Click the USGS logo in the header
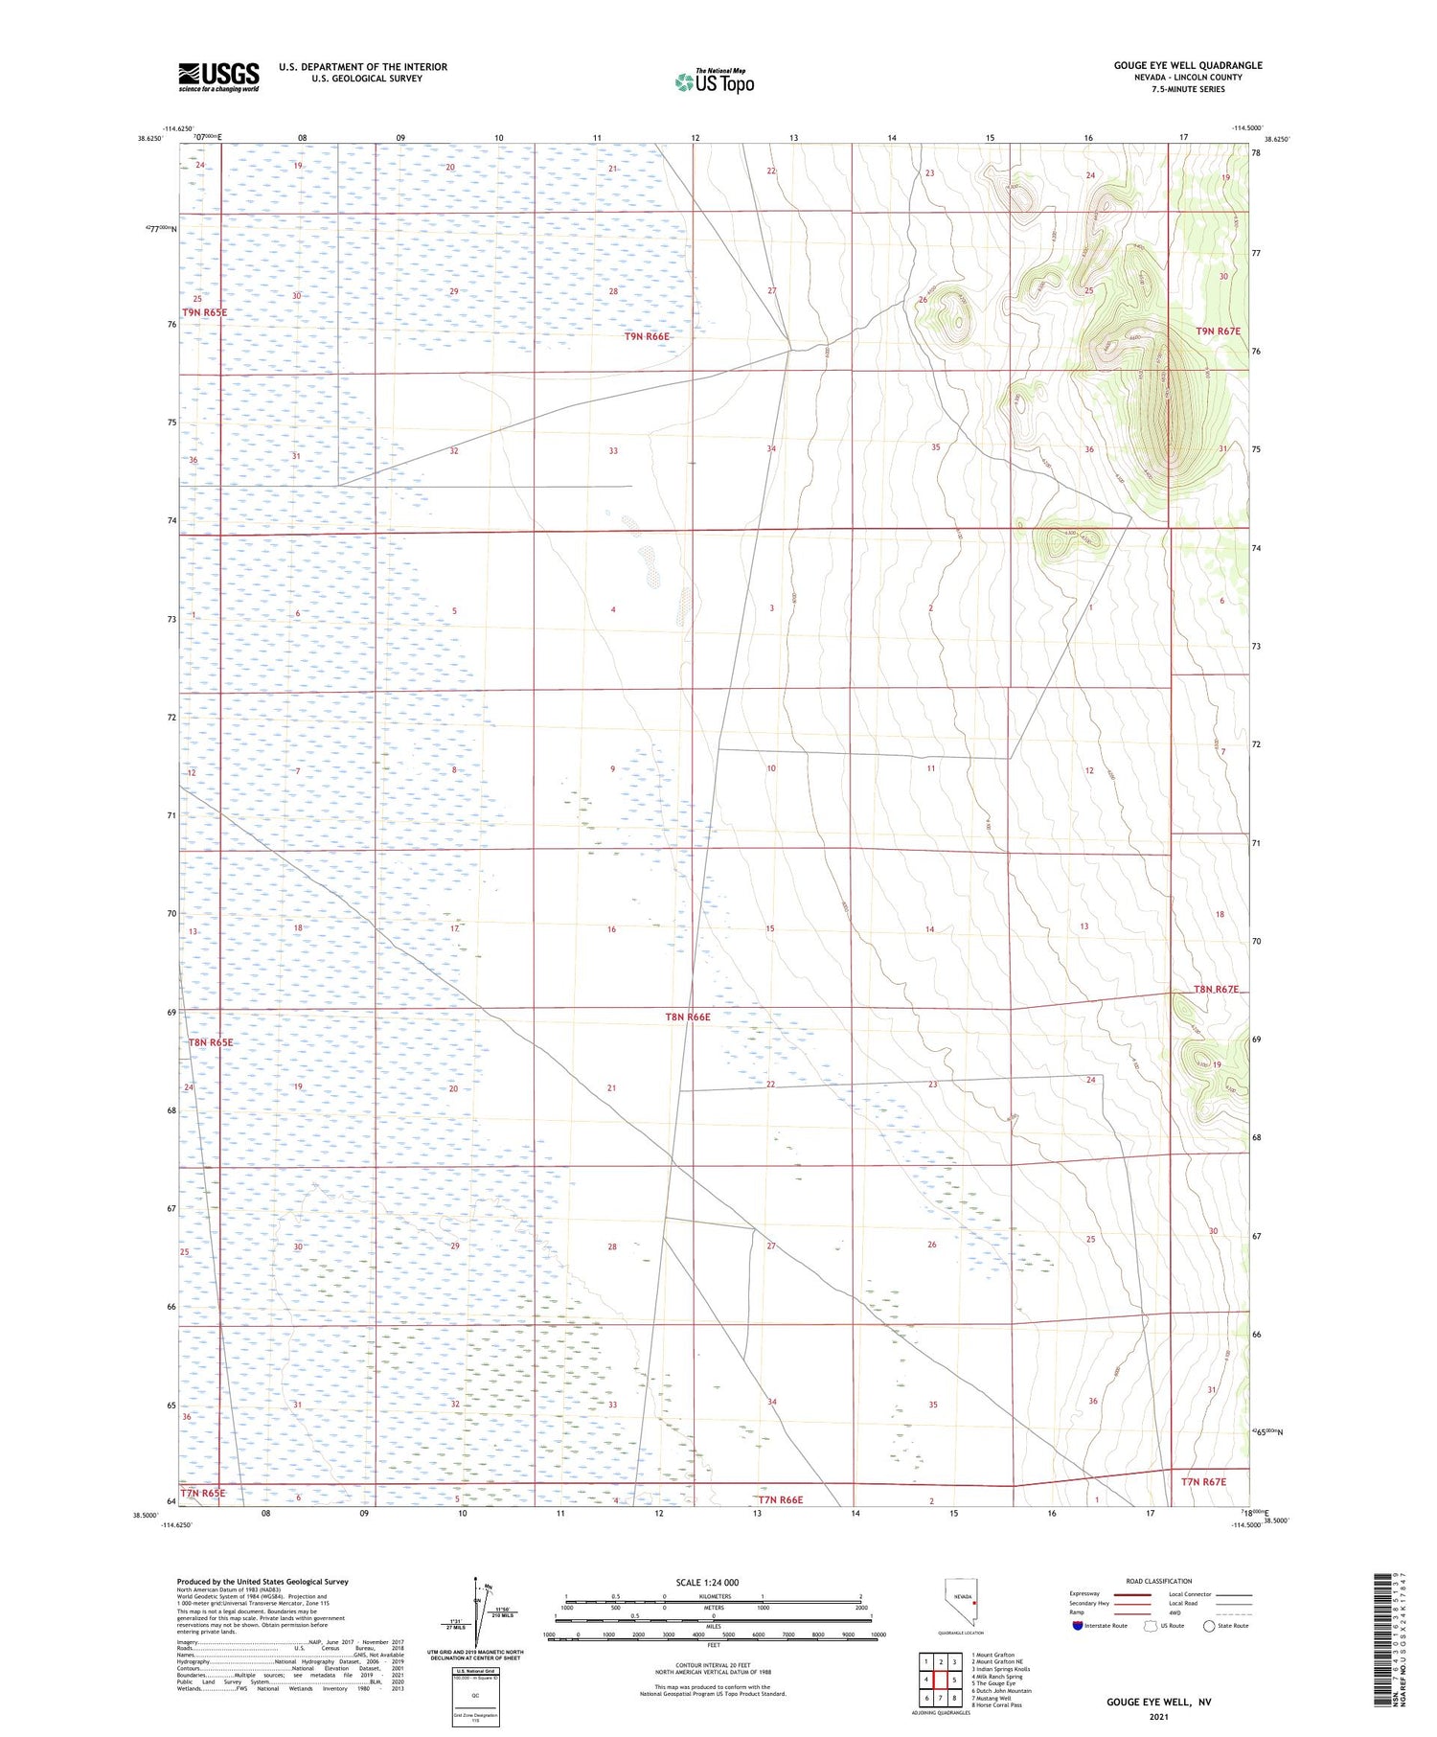[x=218, y=77]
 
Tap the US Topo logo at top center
[x=715, y=82]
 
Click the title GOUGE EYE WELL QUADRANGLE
[x=1187, y=65]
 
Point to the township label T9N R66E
[x=647, y=336]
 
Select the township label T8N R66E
[x=688, y=1017]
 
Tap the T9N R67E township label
[x=1218, y=331]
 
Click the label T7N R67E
[x=1203, y=1482]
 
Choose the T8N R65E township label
[x=211, y=1042]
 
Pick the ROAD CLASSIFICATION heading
[x=1159, y=1581]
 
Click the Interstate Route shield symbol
[x=1078, y=1626]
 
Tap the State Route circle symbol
[x=1209, y=1626]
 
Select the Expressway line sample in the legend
[x=1130, y=1594]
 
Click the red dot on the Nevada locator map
[x=974, y=1597]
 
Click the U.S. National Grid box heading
[x=474, y=1670]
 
